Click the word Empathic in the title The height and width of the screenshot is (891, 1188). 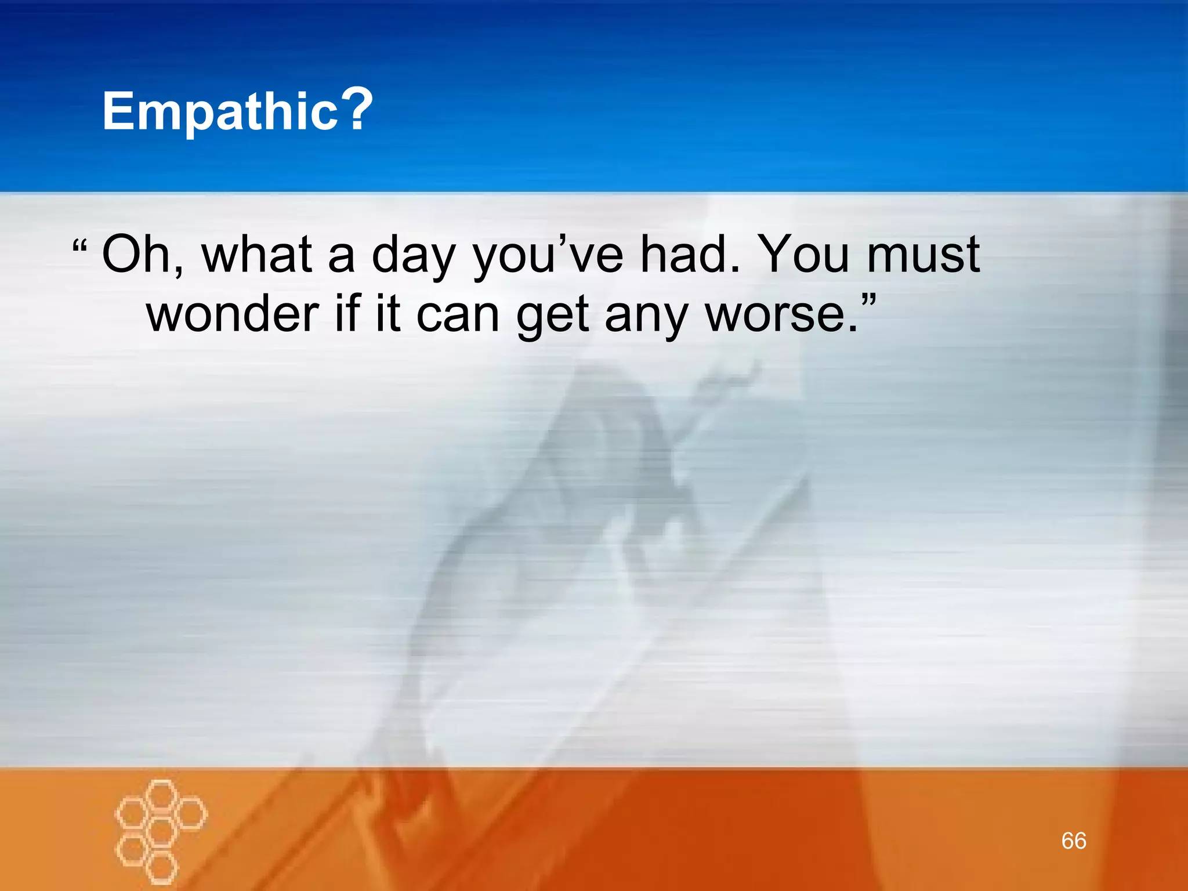(220, 111)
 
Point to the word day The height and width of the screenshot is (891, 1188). (413, 256)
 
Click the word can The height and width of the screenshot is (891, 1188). (458, 315)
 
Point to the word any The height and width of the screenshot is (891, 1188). (646, 316)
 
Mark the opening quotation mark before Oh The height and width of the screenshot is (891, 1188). (79, 246)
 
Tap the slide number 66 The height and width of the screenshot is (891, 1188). (1074, 841)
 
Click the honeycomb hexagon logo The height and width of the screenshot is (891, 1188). (161, 830)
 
